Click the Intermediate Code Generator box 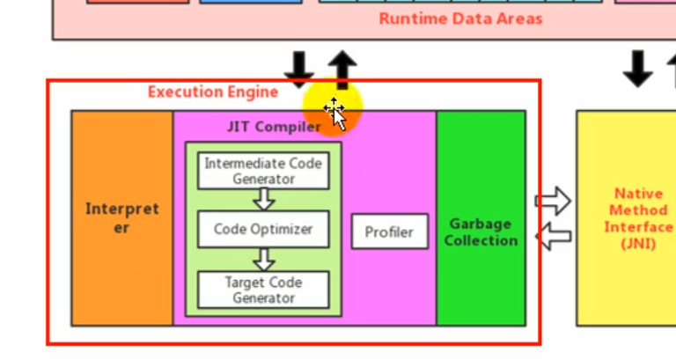(263, 171)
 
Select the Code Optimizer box (263, 229)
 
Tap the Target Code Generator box (263, 290)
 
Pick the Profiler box (389, 232)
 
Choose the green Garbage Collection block (481, 231)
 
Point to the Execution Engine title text (212, 92)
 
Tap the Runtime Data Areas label (460, 18)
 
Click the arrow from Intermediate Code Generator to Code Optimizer (263, 200)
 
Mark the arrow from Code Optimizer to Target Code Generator (263, 259)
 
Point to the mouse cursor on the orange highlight (334, 112)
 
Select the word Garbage (481, 224)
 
